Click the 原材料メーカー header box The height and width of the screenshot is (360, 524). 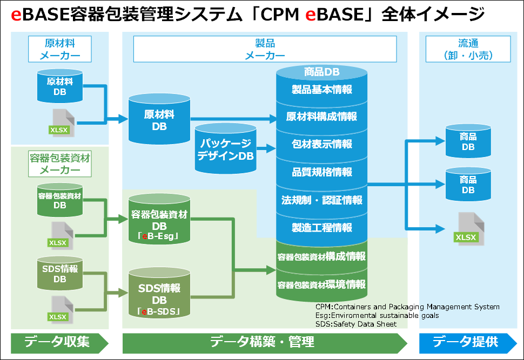60,49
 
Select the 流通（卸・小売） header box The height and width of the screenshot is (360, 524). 468,49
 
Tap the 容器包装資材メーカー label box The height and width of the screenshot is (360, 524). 60,164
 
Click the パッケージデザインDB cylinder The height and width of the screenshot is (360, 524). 226,148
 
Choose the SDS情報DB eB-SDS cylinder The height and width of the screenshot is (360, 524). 159,293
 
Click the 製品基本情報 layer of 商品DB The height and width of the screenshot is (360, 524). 322,90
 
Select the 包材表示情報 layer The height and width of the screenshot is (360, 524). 322,144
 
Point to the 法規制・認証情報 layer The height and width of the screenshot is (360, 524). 322,200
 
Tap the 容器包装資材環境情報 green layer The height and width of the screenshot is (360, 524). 322,284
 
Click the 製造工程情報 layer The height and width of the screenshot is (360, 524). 322,228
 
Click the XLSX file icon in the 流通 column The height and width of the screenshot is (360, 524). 469,229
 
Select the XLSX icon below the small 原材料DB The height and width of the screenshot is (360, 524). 62,123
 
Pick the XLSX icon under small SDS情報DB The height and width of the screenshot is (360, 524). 61,310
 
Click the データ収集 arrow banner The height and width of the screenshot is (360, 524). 59,343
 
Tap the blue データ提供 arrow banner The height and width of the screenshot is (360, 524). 468,343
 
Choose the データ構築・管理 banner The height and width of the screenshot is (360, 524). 265,343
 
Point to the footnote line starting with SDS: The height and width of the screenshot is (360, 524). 356,324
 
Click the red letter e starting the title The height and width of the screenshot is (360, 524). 16,15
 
